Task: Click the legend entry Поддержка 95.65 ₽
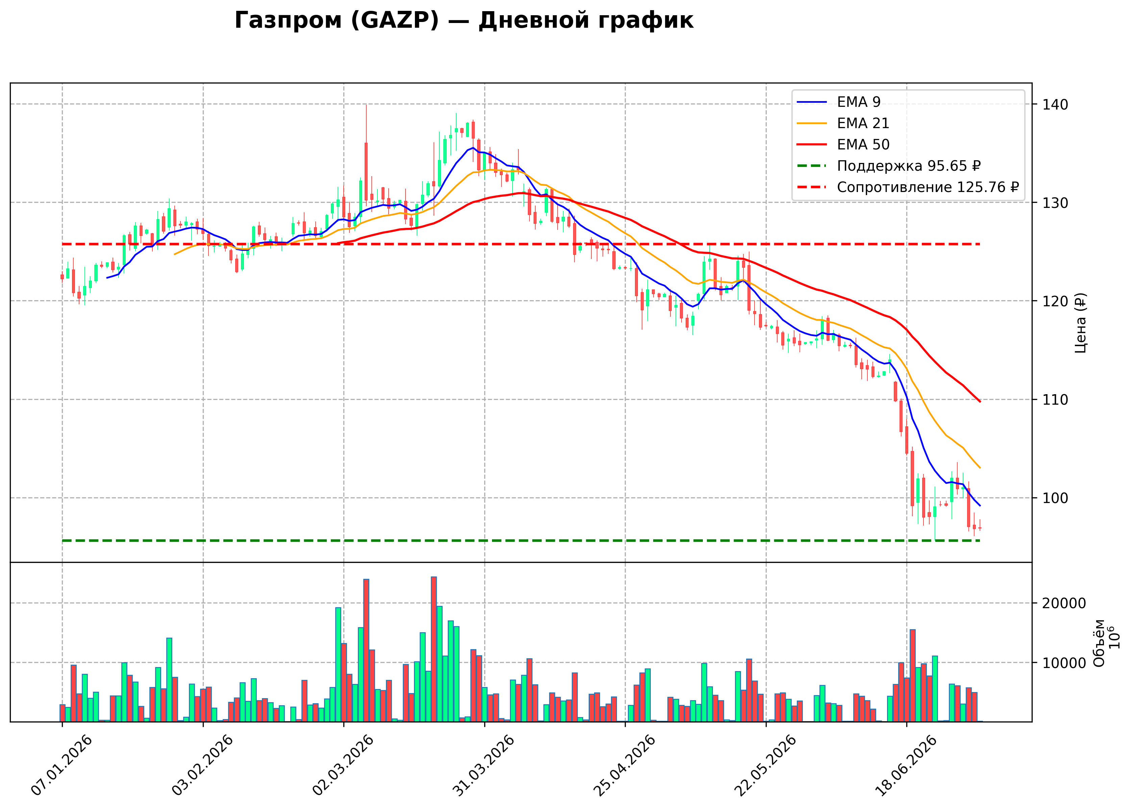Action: (889, 166)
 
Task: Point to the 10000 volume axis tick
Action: (1064, 663)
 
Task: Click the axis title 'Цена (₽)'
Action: (1080, 323)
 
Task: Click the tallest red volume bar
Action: (434, 649)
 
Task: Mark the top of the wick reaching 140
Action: (366, 104)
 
